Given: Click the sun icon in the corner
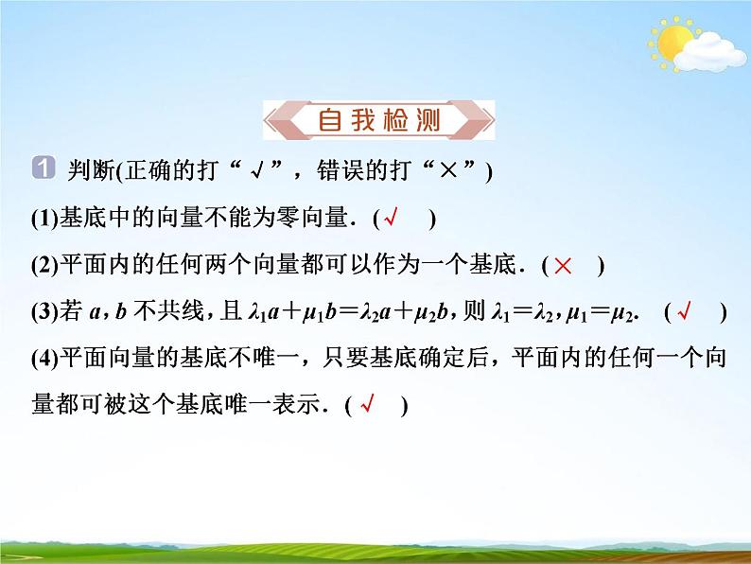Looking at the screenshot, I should [672, 43].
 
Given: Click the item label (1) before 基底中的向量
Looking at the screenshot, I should [44, 219].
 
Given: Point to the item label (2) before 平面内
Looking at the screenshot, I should [44, 266].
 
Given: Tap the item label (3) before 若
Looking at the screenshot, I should [44, 312].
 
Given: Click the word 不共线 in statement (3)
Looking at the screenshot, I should [170, 312].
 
